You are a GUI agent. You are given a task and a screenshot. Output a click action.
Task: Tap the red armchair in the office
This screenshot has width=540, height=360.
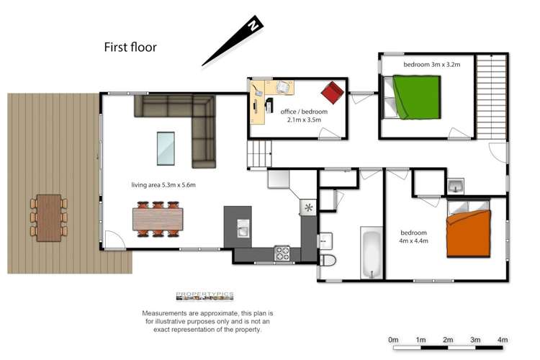pos(332,92)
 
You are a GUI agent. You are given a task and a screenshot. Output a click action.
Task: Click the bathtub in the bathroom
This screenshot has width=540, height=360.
pos(371,253)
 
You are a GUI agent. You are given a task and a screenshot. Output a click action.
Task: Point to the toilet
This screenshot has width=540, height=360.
pos(326,258)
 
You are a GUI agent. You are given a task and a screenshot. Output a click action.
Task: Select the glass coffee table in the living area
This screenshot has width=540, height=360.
pos(166,148)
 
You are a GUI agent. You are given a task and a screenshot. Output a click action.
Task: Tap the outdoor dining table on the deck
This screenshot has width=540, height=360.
pos(49,217)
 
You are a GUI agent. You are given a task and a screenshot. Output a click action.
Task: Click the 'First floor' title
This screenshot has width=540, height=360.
pos(130,48)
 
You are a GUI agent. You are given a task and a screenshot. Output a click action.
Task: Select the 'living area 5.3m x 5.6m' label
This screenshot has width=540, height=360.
pos(163,185)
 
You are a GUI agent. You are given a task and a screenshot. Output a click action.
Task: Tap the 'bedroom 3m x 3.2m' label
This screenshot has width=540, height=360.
pos(431,65)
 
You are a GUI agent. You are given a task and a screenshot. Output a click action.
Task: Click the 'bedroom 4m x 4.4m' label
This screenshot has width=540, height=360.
pos(414,237)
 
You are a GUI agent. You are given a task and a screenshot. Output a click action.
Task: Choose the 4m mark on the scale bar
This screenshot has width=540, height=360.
pos(503,339)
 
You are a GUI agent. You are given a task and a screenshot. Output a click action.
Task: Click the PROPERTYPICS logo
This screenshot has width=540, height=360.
pos(204,296)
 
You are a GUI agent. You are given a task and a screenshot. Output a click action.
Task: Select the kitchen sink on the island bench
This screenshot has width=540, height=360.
pos(243,230)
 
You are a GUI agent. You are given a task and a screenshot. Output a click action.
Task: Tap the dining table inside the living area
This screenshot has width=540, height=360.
pos(157,218)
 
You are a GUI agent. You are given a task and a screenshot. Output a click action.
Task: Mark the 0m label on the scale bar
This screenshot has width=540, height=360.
pos(393,339)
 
